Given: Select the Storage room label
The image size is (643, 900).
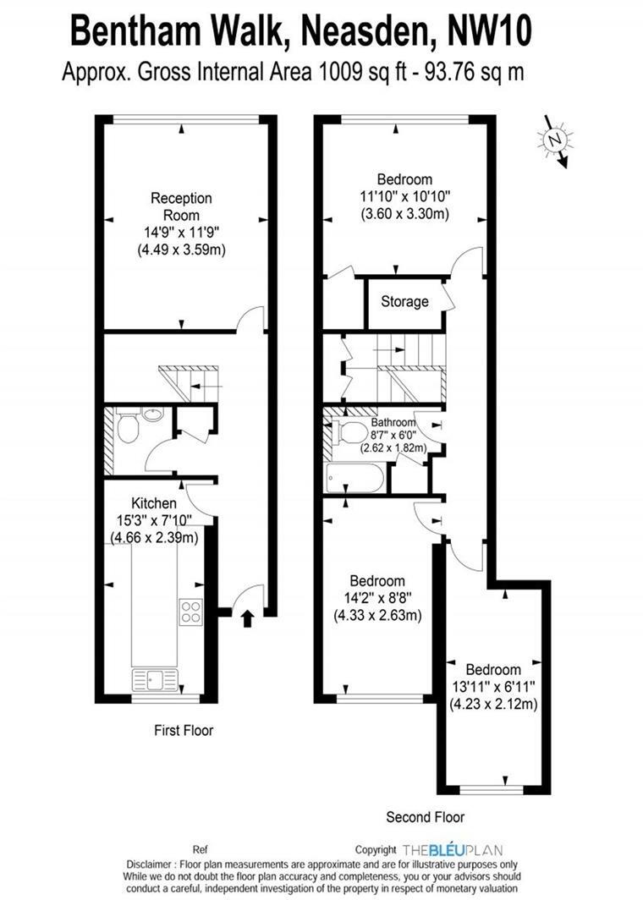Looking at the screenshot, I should pyautogui.click(x=404, y=302).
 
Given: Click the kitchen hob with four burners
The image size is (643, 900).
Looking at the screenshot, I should pyautogui.click(x=190, y=611).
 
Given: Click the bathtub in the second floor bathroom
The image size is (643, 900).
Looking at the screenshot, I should pyautogui.click(x=354, y=478).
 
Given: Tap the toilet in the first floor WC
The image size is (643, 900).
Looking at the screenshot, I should pyautogui.click(x=128, y=429).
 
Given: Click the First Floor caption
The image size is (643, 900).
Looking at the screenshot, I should pyautogui.click(x=184, y=730).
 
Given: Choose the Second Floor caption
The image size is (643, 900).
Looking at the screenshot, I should pyautogui.click(x=426, y=817).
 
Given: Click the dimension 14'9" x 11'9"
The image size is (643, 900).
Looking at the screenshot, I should pyautogui.click(x=181, y=233).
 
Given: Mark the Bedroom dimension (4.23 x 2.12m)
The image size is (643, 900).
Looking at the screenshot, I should pyautogui.click(x=492, y=704).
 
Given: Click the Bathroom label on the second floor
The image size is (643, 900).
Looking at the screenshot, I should pyautogui.click(x=393, y=423).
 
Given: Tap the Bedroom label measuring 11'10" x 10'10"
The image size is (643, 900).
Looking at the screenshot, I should pyautogui.click(x=404, y=179).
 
